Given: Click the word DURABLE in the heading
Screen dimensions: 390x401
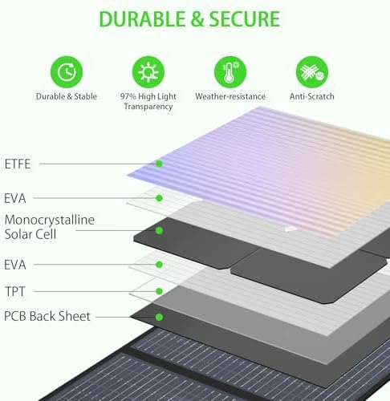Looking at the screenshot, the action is (x=143, y=19).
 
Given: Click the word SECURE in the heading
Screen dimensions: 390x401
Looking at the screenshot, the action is (x=244, y=19).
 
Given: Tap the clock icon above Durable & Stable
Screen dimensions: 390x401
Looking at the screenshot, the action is (x=67, y=71).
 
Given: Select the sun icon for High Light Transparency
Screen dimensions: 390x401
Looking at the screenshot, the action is (x=148, y=71).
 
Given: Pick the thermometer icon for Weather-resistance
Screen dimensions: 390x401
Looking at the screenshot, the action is (x=230, y=71).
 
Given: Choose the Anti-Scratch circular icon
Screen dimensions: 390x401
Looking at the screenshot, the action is (x=312, y=71).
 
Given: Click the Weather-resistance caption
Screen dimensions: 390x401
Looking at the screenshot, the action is (x=230, y=96).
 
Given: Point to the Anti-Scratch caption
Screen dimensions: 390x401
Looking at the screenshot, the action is (x=312, y=96).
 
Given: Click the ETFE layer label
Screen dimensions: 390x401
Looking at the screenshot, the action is (x=18, y=164).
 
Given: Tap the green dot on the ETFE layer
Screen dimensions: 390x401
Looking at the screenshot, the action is (x=159, y=164).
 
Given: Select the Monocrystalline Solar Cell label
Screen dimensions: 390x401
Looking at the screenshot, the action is (x=50, y=227).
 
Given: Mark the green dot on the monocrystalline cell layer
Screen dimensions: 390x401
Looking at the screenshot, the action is (x=159, y=230).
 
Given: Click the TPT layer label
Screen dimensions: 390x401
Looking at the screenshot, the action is (x=15, y=291).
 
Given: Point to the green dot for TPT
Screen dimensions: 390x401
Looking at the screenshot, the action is (x=159, y=291).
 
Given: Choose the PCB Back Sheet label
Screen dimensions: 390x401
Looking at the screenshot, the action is (x=47, y=316).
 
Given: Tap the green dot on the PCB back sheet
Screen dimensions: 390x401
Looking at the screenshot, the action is (x=159, y=318).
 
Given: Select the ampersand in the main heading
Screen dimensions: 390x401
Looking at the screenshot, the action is (x=197, y=19).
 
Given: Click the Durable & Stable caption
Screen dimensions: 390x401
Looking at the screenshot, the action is (x=67, y=96).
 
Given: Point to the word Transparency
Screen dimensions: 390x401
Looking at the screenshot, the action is (x=148, y=107).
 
